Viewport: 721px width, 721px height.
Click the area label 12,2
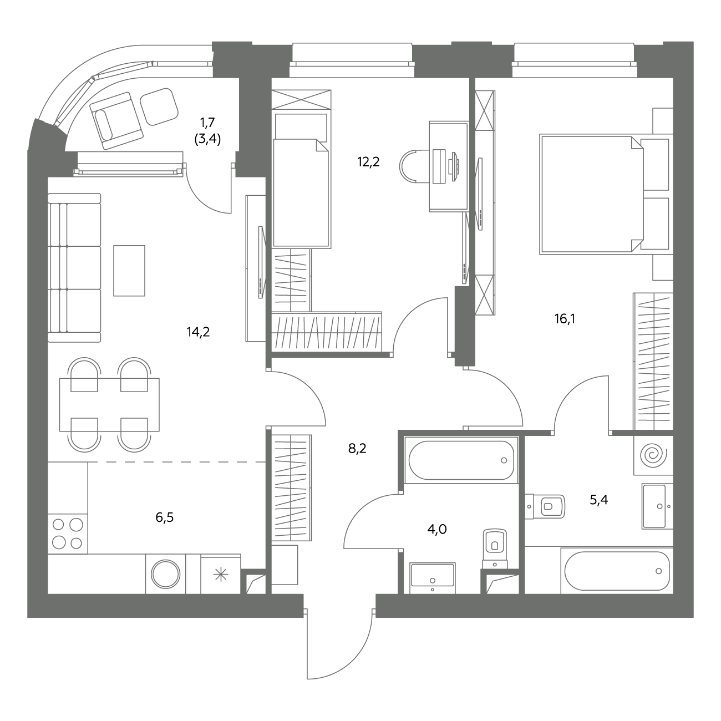(368, 162)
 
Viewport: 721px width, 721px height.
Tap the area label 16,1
(565, 319)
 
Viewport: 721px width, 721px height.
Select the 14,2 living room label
(199, 332)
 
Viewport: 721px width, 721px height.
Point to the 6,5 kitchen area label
(165, 517)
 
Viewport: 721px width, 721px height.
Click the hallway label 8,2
(357, 448)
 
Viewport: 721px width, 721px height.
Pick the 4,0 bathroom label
(437, 530)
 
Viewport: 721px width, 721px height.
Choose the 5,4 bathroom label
(598, 500)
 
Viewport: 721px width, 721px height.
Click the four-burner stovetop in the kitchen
(68, 534)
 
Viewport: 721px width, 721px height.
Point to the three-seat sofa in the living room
(74, 267)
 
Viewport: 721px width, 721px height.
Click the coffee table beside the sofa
(129, 271)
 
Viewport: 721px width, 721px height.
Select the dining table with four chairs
(109, 405)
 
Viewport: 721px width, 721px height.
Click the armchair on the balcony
(116, 120)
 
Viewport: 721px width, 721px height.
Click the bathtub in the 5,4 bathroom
(617, 571)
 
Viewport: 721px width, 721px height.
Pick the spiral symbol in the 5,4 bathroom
(653, 455)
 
